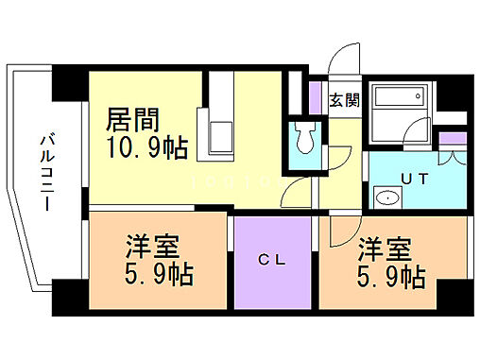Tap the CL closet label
point(271,257)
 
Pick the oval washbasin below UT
point(386,198)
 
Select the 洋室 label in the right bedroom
point(384,250)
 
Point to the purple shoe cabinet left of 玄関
point(317,99)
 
